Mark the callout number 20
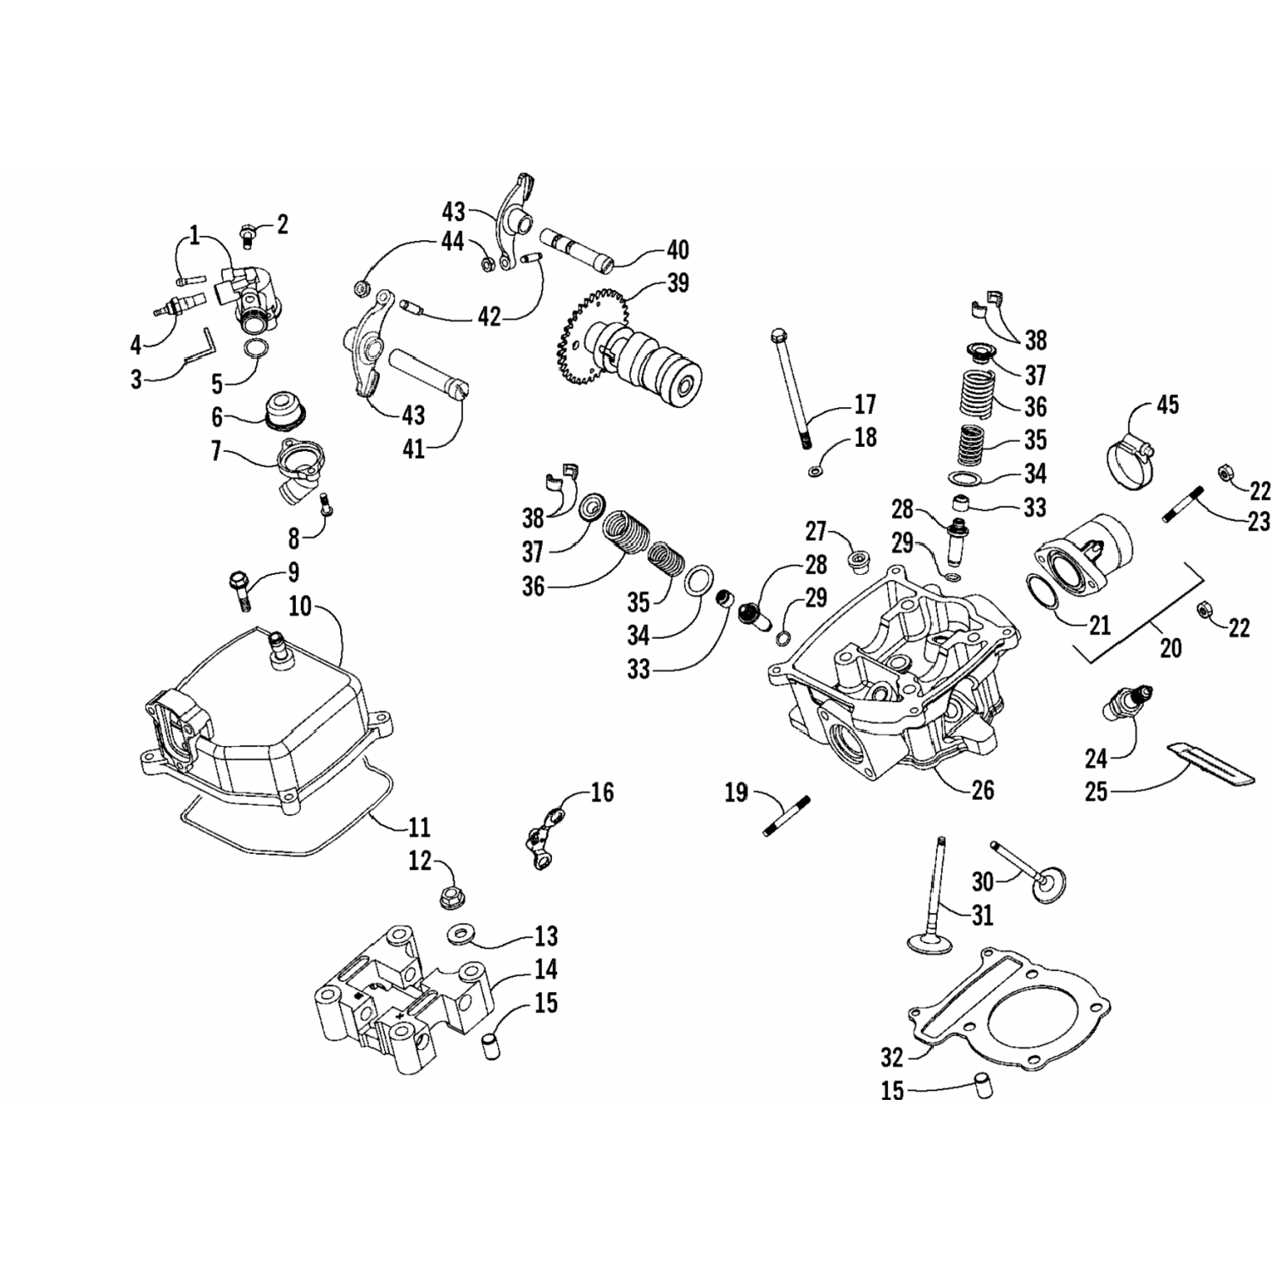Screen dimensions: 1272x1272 (1170, 648)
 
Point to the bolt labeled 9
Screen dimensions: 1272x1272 (240, 591)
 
